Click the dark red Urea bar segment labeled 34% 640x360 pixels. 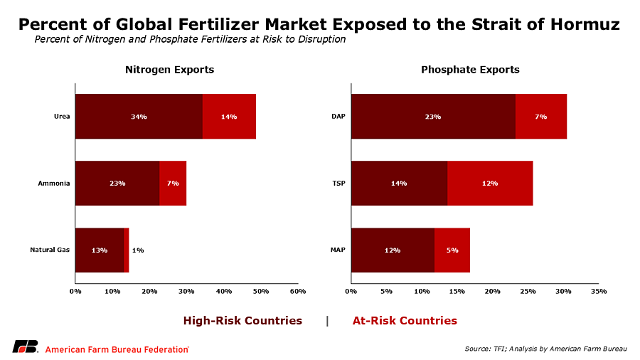(x=139, y=116)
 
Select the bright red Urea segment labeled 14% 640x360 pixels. (x=229, y=116)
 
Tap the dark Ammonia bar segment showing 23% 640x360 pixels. (x=117, y=183)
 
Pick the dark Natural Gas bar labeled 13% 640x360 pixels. (x=100, y=250)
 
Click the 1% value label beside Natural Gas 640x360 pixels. (x=138, y=250)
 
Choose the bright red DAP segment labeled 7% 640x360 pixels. (x=541, y=116)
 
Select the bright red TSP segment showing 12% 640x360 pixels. (x=490, y=183)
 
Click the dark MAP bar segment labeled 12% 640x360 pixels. (x=393, y=250)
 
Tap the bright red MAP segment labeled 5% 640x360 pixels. (x=452, y=250)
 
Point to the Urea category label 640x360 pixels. (x=62, y=116)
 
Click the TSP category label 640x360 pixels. (x=338, y=183)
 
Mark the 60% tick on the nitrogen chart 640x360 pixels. (x=298, y=291)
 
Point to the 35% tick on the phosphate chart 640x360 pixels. (x=598, y=291)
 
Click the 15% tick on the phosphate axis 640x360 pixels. (x=457, y=291)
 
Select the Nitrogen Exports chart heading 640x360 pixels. (x=169, y=70)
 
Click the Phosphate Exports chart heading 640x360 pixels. (x=470, y=70)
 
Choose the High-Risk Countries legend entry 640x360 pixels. (x=242, y=320)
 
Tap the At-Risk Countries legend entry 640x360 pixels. (x=405, y=320)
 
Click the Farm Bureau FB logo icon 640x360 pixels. (x=25, y=347)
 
